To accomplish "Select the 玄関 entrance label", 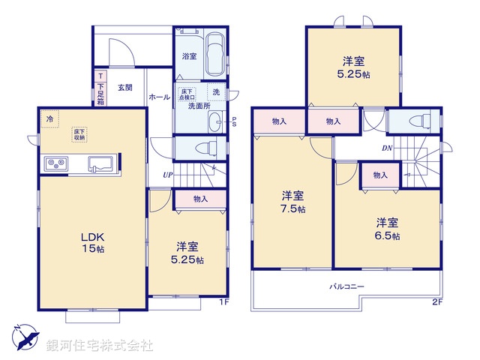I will click(125, 88).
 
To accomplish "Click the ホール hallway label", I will click(159, 97).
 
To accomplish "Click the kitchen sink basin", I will click(100, 163).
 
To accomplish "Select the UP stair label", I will click(169, 175).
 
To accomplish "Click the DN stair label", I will click(387, 148).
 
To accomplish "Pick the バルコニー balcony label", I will click(346, 286).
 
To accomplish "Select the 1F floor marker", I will click(223, 302).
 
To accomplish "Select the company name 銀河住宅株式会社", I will click(99, 346).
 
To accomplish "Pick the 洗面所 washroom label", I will click(199, 106).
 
